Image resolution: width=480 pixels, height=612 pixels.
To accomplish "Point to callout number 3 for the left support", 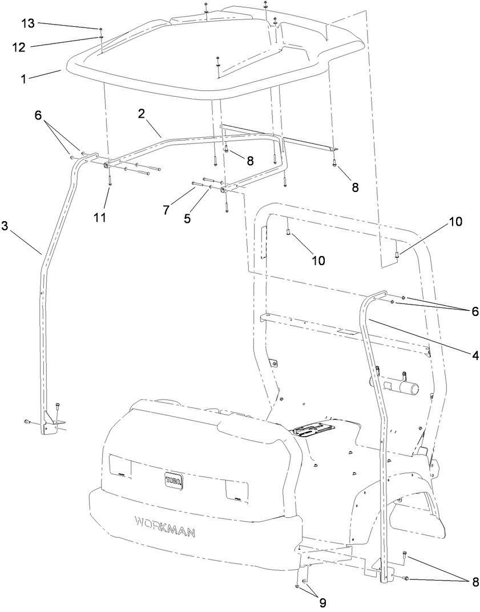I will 5,226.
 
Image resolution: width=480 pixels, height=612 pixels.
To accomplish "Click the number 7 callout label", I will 166,210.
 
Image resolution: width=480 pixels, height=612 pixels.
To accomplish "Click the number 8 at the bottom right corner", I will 474,582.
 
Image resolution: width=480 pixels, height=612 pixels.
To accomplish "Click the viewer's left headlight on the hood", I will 120,467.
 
